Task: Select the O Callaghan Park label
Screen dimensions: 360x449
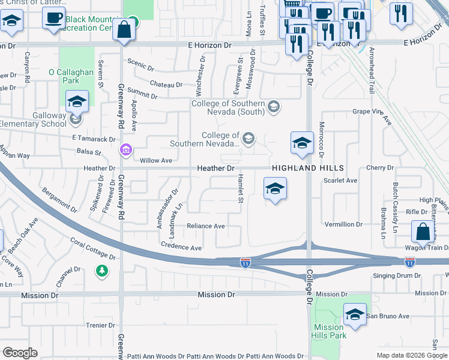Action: tap(72, 76)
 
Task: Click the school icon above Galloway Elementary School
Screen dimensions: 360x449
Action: tap(77, 101)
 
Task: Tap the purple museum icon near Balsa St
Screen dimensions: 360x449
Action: tap(125, 149)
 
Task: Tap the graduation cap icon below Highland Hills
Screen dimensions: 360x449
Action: tap(275, 190)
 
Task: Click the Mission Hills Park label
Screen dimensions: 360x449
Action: tap(328, 331)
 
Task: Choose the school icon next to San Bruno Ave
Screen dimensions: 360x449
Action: tap(355, 314)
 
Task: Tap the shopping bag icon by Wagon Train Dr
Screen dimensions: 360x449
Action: tap(423, 232)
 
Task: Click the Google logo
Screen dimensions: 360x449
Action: tap(20, 352)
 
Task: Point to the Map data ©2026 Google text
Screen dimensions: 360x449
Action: tap(411, 355)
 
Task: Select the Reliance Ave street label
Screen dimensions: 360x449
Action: tap(205, 226)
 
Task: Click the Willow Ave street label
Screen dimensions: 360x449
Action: tap(155, 161)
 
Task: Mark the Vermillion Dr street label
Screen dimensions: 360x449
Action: tap(343, 224)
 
